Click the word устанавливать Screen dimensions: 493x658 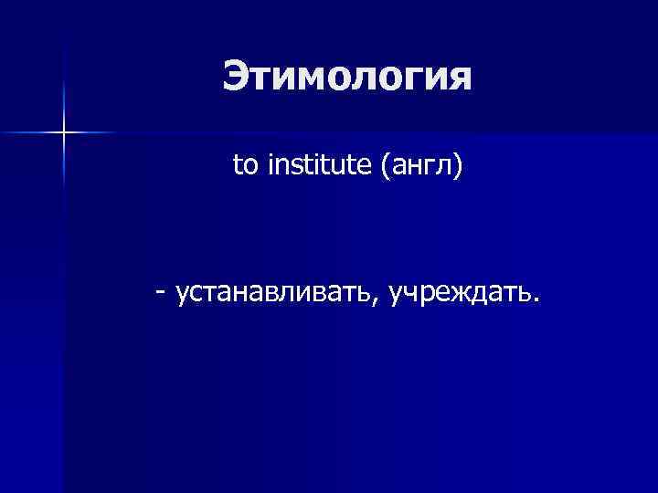(x=276, y=293)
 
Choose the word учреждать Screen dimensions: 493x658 (x=461, y=293)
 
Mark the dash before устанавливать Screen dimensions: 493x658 (x=161, y=293)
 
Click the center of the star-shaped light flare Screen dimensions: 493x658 (x=64, y=133)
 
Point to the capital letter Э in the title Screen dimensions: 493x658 (x=235, y=77)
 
